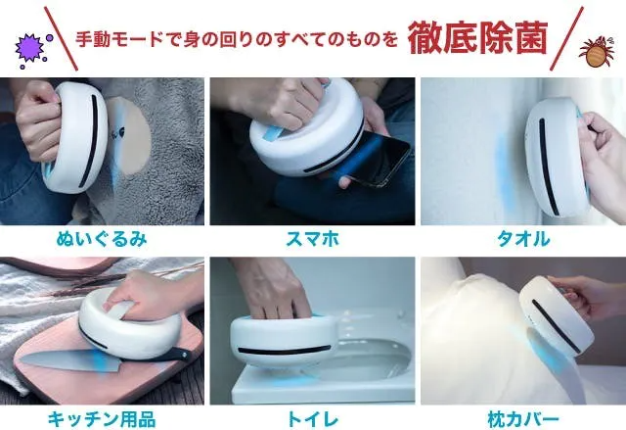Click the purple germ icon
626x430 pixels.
[x=30, y=48]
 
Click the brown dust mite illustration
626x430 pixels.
[x=597, y=51]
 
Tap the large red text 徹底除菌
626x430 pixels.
[x=476, y=39]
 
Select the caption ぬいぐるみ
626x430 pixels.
[x=102, y=239]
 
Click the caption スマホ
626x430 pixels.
[x=312, y=239]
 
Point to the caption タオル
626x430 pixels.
[x=523, y=239]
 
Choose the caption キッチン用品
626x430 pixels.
[x=102, y=419]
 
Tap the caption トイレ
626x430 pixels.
[x=312, y=419]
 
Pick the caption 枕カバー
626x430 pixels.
[x=523, y=419]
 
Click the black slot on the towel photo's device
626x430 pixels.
[x=549, y=166]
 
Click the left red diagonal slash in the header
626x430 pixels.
[x=61, y=38]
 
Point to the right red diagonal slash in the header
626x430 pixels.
[x=567, y=38]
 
